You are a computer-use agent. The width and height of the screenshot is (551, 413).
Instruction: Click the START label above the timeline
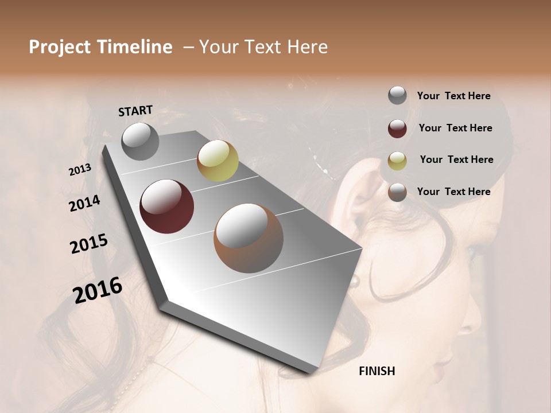click(x=135, y=111)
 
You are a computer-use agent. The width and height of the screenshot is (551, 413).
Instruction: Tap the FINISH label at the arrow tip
click(x=377, y=371)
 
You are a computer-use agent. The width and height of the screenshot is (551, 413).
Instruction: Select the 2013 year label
click(x=80, y=170)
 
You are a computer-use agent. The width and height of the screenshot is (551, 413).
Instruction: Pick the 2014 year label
click(x=84, y=204)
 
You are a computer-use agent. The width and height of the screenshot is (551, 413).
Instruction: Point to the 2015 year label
click(x=89, y=244)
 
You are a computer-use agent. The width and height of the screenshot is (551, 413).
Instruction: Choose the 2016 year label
click(x=98, y=290)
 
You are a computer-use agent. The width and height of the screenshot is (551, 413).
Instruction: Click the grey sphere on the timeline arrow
click(x=140, y=141)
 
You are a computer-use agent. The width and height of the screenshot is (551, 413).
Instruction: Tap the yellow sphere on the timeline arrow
click(x=218, y=161)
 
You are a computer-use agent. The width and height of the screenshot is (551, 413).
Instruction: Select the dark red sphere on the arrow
click(x=166, y=206)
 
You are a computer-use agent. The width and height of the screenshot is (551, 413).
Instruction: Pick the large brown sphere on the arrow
click(x=249, y=238)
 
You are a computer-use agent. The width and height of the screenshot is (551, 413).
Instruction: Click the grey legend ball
click(x=397, y=96)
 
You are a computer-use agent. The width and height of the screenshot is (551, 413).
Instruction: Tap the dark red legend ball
click(x=397, y=128)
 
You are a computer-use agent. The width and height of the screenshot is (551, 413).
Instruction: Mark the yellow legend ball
click(x=397, y=161)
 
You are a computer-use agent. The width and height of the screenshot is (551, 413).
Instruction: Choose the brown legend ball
click(x=397, y=192)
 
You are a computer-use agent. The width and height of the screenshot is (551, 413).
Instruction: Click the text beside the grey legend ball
click(x=453, y=96)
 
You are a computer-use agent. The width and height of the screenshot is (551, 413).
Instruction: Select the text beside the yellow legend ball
click(x=456, y=159)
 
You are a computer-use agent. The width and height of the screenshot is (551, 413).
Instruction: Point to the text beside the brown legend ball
click(x=453, y=192)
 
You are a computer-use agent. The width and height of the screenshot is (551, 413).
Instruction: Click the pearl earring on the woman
click(x=355, y=280)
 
